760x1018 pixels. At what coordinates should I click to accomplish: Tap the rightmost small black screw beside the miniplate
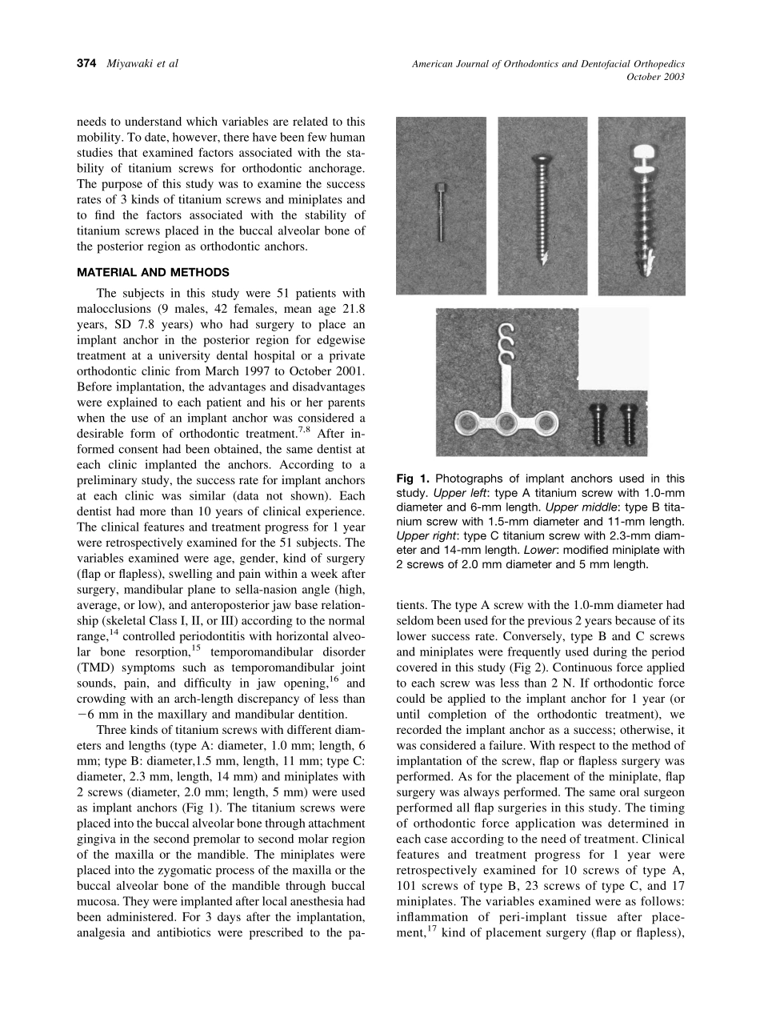coord(631,423)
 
